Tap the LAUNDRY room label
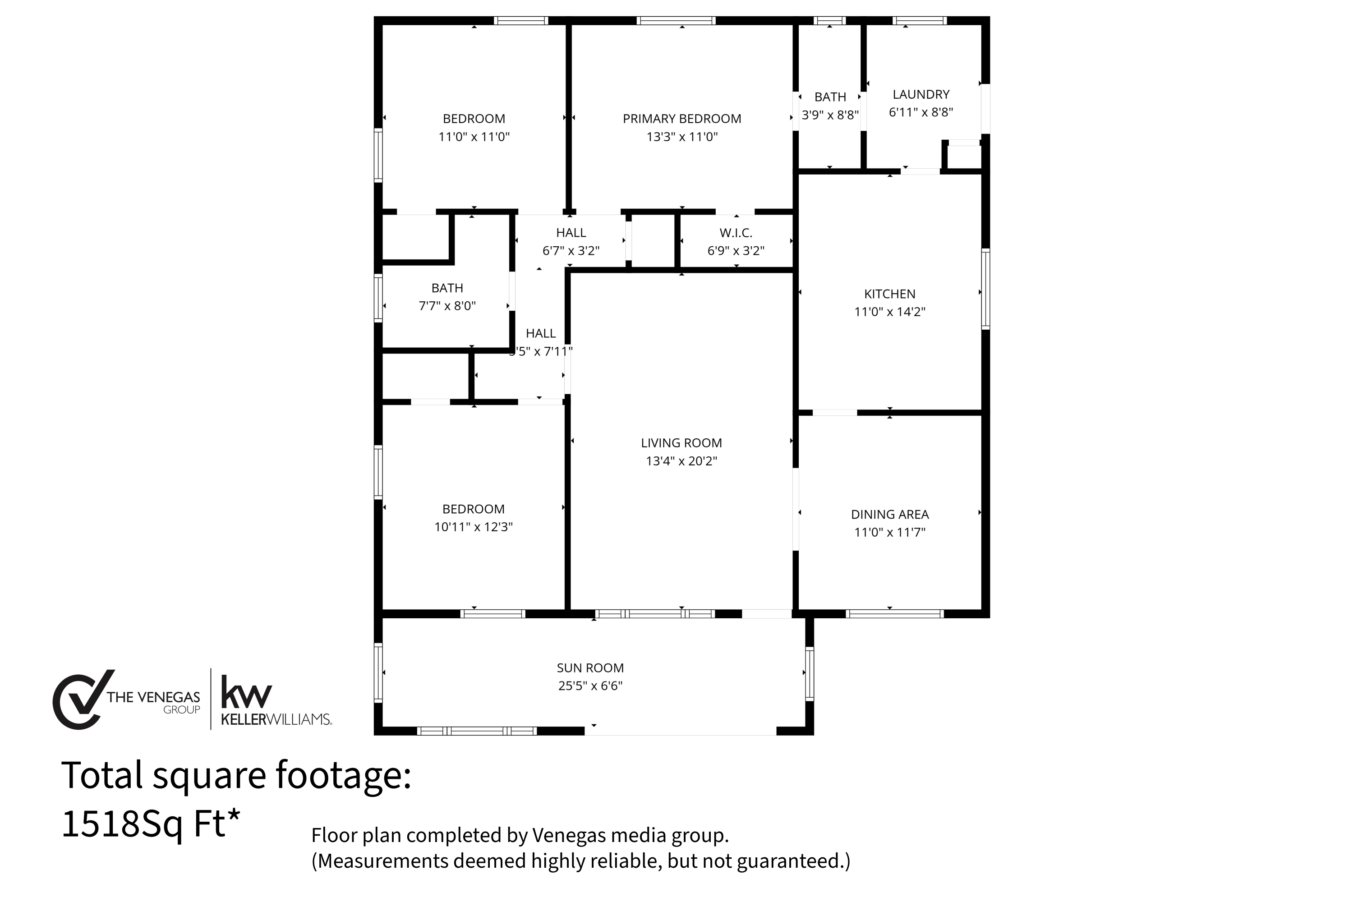tap(921, 94)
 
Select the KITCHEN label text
tap(889, 294)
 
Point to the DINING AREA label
tap(890, 514)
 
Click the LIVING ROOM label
tap(681, 443)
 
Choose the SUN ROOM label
tap(590, 668)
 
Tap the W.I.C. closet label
tap(736, 233)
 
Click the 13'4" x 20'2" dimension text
tap(681, 461)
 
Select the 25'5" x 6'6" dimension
tap(590, 686)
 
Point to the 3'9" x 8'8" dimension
tap(830, 115)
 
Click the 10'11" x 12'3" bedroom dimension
tap(474, 527)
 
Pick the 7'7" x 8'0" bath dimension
tap(447, 306)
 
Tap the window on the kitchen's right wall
tap(985, 289)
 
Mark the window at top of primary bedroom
tap(676, 21)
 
